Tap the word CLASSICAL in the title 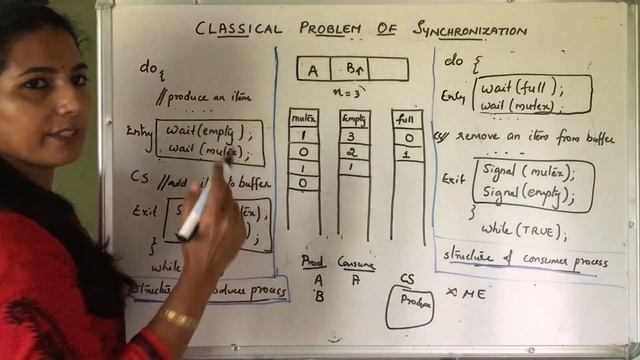coord(237,31)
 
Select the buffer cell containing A coord(314,69)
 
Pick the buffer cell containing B coord(353,69)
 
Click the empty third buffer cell coord(389,69)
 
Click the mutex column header coord(304,118)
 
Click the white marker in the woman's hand coord(195,211)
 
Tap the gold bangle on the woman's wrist coord(178,320)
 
